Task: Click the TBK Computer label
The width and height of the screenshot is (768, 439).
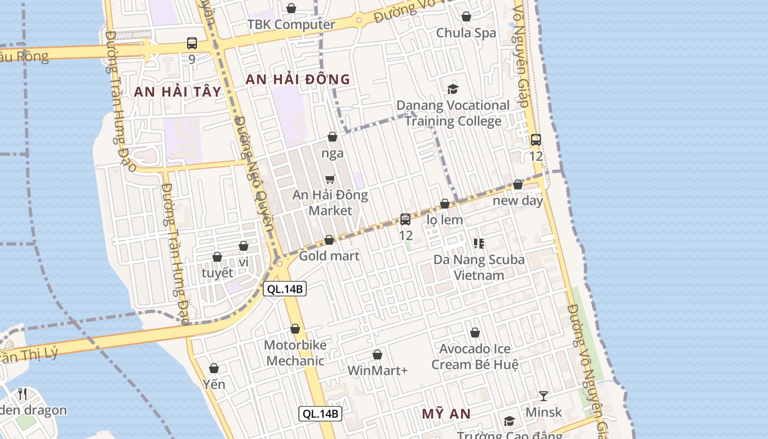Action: pyautogui.click(x=291, y=25)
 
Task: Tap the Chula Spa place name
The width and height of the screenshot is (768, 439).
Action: pyautogui.click(x=466, y=33)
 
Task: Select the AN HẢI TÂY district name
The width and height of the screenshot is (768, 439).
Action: pyautogui.click(x=177, y=92)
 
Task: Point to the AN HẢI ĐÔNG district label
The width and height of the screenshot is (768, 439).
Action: pyautogui.click(x=297, y=79)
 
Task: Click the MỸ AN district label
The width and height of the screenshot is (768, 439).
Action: pyautogui.click(x=446, y=414)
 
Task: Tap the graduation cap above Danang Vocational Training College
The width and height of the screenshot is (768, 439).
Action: pyautogui.click(x=453, y=89)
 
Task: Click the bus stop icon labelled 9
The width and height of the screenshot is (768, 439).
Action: pyautogui.click(x=191, y=43)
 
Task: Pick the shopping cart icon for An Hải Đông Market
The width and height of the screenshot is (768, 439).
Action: pyautogui.click(x=330, y=179)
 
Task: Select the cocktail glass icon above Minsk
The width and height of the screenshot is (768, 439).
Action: pyautogui.click(x=543, y=396)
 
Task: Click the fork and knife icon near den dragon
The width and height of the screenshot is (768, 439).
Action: pyautogui.click(x=22, y=393)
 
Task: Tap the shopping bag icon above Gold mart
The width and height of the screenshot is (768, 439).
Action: pyautogui.click(x=329, y=240)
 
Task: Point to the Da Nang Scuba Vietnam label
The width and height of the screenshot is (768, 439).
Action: pyautogui.click(x=479, y=267)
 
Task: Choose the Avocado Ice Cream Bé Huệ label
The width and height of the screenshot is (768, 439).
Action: pyautogui.click(x=475, y=357)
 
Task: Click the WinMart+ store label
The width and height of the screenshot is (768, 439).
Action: pyautogui.click(x=377, y=370)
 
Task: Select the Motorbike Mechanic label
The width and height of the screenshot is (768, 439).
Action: pyautogui.click(x=295, y=353)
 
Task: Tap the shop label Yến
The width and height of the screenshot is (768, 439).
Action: pyautogui.click(x=214, y=384)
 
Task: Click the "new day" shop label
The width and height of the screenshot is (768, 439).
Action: pyautogui.click(x=517, y=200)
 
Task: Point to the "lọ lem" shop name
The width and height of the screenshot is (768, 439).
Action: pyautogui.click(x=445, y=219)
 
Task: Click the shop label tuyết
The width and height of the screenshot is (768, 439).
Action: pyautogui.click(x=217, y=273)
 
